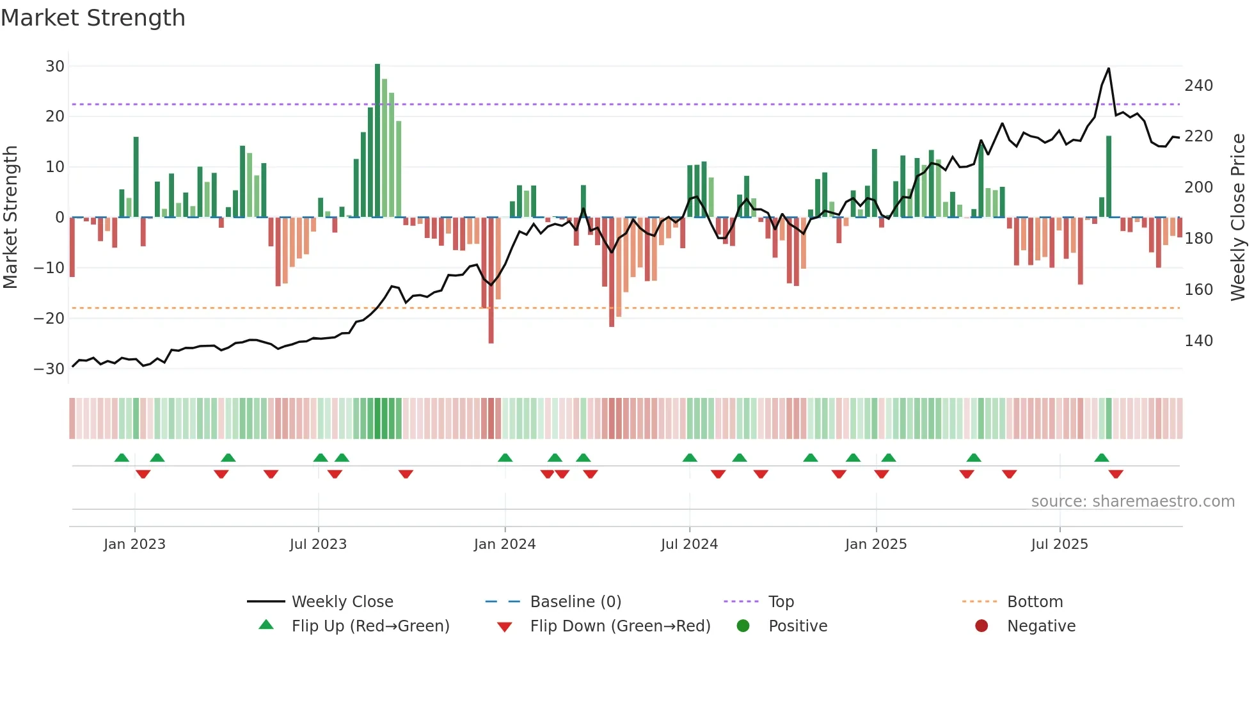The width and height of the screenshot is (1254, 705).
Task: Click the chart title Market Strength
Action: tap(93, 18)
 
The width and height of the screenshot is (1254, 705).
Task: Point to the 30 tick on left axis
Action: tap(55, 67)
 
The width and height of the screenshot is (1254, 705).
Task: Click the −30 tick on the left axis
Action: tap(49, 369)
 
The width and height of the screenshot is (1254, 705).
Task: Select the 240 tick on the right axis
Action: tap(1198, 86)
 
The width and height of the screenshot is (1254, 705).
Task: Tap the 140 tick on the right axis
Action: tap(1198, 341)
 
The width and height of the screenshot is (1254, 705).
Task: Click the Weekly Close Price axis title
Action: tap(1238, 218)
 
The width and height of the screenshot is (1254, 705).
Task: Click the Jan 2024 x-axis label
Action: tap(505, 544)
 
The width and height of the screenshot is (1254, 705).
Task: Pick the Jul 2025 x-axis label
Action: tap(1060, 544)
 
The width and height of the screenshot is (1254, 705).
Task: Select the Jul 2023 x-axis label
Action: tap(318, 544)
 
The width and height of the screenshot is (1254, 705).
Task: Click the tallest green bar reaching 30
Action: tap(377, 141)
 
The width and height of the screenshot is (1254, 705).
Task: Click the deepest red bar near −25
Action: tap(491, 281)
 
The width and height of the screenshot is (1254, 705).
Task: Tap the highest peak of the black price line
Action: tap(1109, 69)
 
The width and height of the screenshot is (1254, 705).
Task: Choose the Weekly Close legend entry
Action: tap(342, 602)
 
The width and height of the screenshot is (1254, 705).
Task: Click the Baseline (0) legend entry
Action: tap(575, 602)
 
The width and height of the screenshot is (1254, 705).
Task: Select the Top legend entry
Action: tap(781, 602)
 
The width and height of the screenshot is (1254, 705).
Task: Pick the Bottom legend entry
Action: tap(1035, 602)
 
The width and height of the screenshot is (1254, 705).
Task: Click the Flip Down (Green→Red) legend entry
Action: tap(619, 626)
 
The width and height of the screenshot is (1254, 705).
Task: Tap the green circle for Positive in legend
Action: tap(743, 626)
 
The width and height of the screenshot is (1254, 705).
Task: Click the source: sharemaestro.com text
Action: tap(1132, 502)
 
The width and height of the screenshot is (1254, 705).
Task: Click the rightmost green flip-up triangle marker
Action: tap(1102, 458)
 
